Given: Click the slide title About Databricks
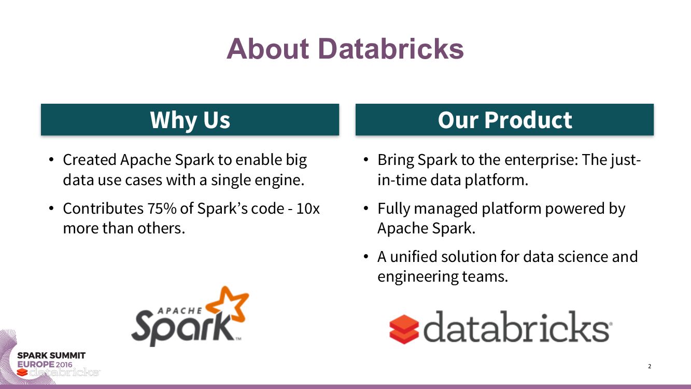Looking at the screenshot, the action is point(345,49).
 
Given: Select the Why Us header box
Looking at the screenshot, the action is point(190,119).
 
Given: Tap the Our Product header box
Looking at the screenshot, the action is point(505,119).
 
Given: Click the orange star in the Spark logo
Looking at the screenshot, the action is point(228,304).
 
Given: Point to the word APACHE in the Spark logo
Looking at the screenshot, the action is point(180,311).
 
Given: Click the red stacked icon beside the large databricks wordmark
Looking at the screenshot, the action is point(404,329).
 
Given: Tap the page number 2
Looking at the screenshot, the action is point(650,366).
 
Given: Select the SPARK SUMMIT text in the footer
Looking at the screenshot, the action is point(51,355).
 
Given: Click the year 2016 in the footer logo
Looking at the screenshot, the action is point(64,364).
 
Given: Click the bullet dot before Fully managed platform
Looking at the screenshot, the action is point(366,208).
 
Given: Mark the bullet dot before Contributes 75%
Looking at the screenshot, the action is point(51,208).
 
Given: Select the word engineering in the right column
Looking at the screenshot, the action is point(418,276).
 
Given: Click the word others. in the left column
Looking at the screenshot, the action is point(161,228).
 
